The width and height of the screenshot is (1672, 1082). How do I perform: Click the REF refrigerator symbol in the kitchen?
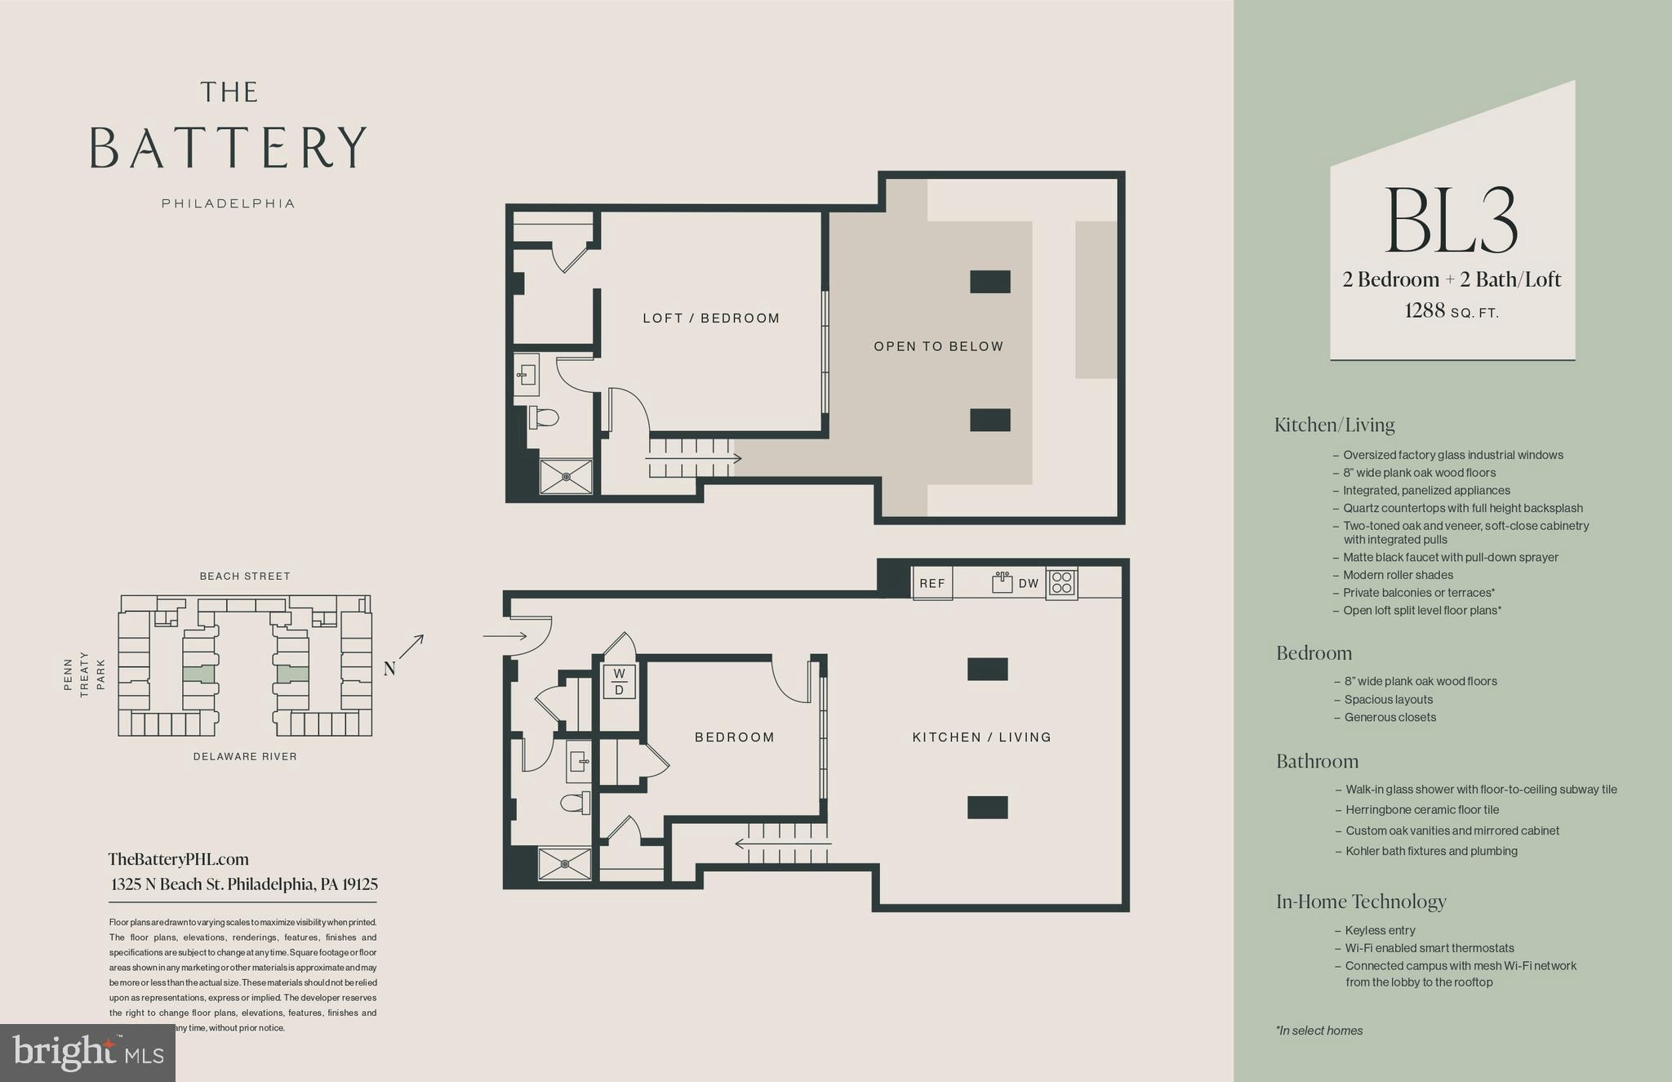click(932, 583)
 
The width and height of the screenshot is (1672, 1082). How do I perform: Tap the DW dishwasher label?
click(1028, 583)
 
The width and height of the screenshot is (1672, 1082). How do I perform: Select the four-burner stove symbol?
click(1062, 583)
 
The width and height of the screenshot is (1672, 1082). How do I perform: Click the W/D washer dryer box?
click(619, 682)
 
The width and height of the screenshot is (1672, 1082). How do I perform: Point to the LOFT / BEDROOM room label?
click(711, 318)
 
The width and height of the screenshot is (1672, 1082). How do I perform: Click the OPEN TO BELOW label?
click(938, 346)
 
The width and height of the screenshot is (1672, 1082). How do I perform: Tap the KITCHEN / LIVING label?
click(981, 737)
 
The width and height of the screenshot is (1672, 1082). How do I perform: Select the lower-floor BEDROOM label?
click(734, 737)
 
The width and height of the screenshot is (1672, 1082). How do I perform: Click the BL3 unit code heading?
click(1452, 221)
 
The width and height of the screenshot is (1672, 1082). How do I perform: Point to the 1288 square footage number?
click(1425, 310)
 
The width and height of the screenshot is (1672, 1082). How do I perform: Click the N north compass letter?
click(389, 669)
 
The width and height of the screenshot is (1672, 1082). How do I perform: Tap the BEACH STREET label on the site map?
click(245, 577)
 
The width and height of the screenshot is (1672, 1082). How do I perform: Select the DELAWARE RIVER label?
click(245, 757)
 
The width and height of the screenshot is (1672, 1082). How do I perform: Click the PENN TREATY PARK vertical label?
click(84, 675)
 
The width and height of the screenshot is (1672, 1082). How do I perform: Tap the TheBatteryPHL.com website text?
click(178, 859)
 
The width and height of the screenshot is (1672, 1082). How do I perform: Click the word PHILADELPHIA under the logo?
click(228, 203)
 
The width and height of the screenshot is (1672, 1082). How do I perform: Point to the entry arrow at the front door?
click(505, 635)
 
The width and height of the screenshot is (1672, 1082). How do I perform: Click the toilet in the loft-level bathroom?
click(544, 418)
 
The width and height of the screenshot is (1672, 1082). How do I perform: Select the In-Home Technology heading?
click(1361, 902)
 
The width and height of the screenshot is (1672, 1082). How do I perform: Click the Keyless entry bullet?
click(1380, 930)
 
